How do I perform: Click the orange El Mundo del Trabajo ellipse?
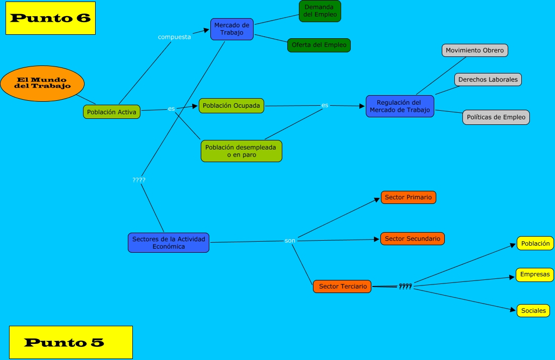point(42,83)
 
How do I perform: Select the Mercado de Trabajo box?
point(231,29)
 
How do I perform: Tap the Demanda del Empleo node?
point(320,11)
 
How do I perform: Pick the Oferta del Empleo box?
point(319,45)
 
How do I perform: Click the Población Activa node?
point(112,112)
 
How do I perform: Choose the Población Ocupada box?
point(231,106)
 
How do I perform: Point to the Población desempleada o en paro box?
point(242,151)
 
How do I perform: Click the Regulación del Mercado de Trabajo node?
point(400,106)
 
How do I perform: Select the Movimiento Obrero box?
point(474,50)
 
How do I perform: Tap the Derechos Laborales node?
point(488,80)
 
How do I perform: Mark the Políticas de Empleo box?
point(496,117)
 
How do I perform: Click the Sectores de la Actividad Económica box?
point(169,243)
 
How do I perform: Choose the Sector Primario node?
point(408,197)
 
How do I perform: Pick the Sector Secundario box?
point(413,239)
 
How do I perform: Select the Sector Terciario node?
point(343,286)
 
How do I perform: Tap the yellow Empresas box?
point(534,275)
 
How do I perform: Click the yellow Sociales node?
point(533,311)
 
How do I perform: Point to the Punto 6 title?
point(50,18)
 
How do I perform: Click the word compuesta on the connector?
point(174,37)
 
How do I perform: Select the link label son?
point(290,241)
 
